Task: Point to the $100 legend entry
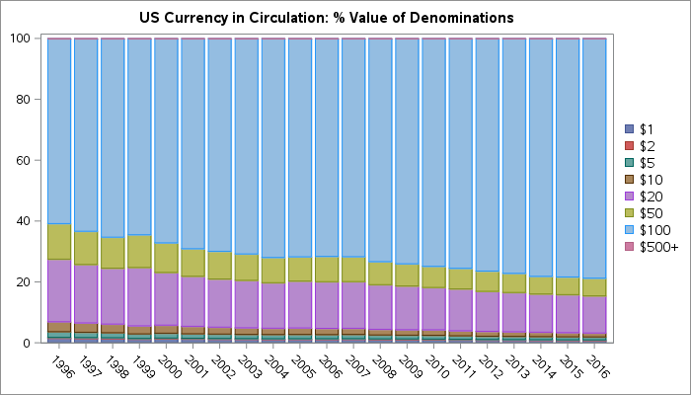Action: [x=653, y=229]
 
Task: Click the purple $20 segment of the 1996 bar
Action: [x=59, y=290]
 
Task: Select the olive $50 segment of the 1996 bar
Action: [x=59, y=241]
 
